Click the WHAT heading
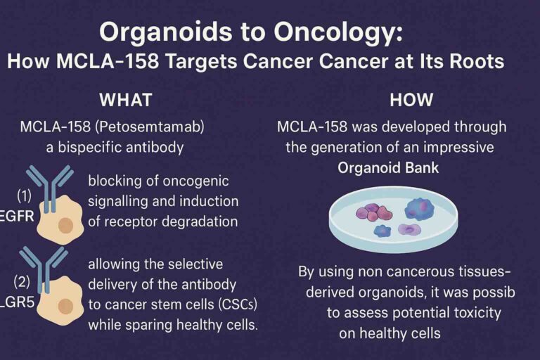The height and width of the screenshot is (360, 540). (126, 100)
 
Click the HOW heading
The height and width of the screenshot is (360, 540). (411, 100)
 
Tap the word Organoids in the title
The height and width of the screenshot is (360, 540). (166, 33)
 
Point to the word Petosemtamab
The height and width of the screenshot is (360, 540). (150, 127)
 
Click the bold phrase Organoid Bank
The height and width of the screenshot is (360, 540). (388, 168)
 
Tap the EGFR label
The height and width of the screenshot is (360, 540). (17, 217)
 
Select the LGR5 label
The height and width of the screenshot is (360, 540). (17, 302)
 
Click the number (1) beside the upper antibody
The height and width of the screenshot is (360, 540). (24, 195)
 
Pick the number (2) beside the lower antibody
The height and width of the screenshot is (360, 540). (22, 282)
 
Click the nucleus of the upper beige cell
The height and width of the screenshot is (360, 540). (65, 226)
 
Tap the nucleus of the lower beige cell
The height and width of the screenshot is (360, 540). (65, 307)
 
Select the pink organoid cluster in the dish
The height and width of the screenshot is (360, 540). (373, 212)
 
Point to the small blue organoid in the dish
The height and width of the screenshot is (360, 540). (382, 231)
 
